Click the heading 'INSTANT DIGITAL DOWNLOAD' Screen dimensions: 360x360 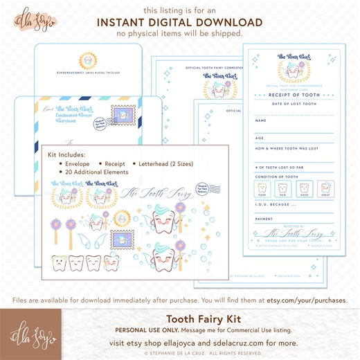pyautogui.click(x=179, y=22)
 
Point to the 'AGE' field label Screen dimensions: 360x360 pyautogui.click(x=260, y=137)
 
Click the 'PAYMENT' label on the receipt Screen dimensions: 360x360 pyautogui.click(x=264, y=219)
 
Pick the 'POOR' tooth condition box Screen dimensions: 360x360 pyautogui.click(x=262, y=188)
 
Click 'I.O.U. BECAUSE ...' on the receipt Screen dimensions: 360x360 pyautogui.click(x=272, y=204)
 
